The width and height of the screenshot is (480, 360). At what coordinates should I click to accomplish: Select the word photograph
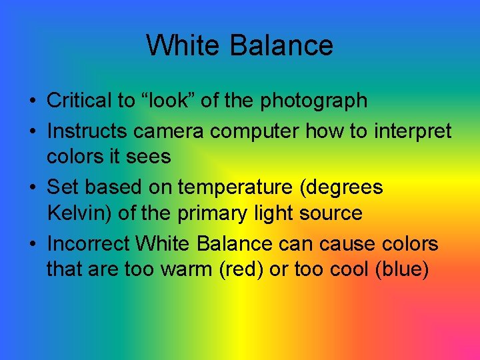(314, 101)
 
